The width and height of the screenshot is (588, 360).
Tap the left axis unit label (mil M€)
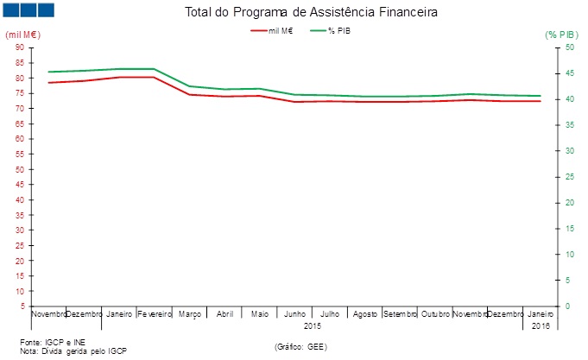[x=23, y=35]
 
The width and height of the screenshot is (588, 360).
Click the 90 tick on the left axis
[x=20, y=47]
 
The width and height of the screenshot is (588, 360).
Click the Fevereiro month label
[x=155, y=314]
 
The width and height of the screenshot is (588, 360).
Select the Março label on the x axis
[x=190, y=314]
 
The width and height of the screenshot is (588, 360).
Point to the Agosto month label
[x=365, y=314]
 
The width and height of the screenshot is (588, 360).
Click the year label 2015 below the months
[x=313, y=325]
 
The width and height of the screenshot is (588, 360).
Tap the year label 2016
[x=541, y=325]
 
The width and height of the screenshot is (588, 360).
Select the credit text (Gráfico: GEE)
[x=300, y=345]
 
